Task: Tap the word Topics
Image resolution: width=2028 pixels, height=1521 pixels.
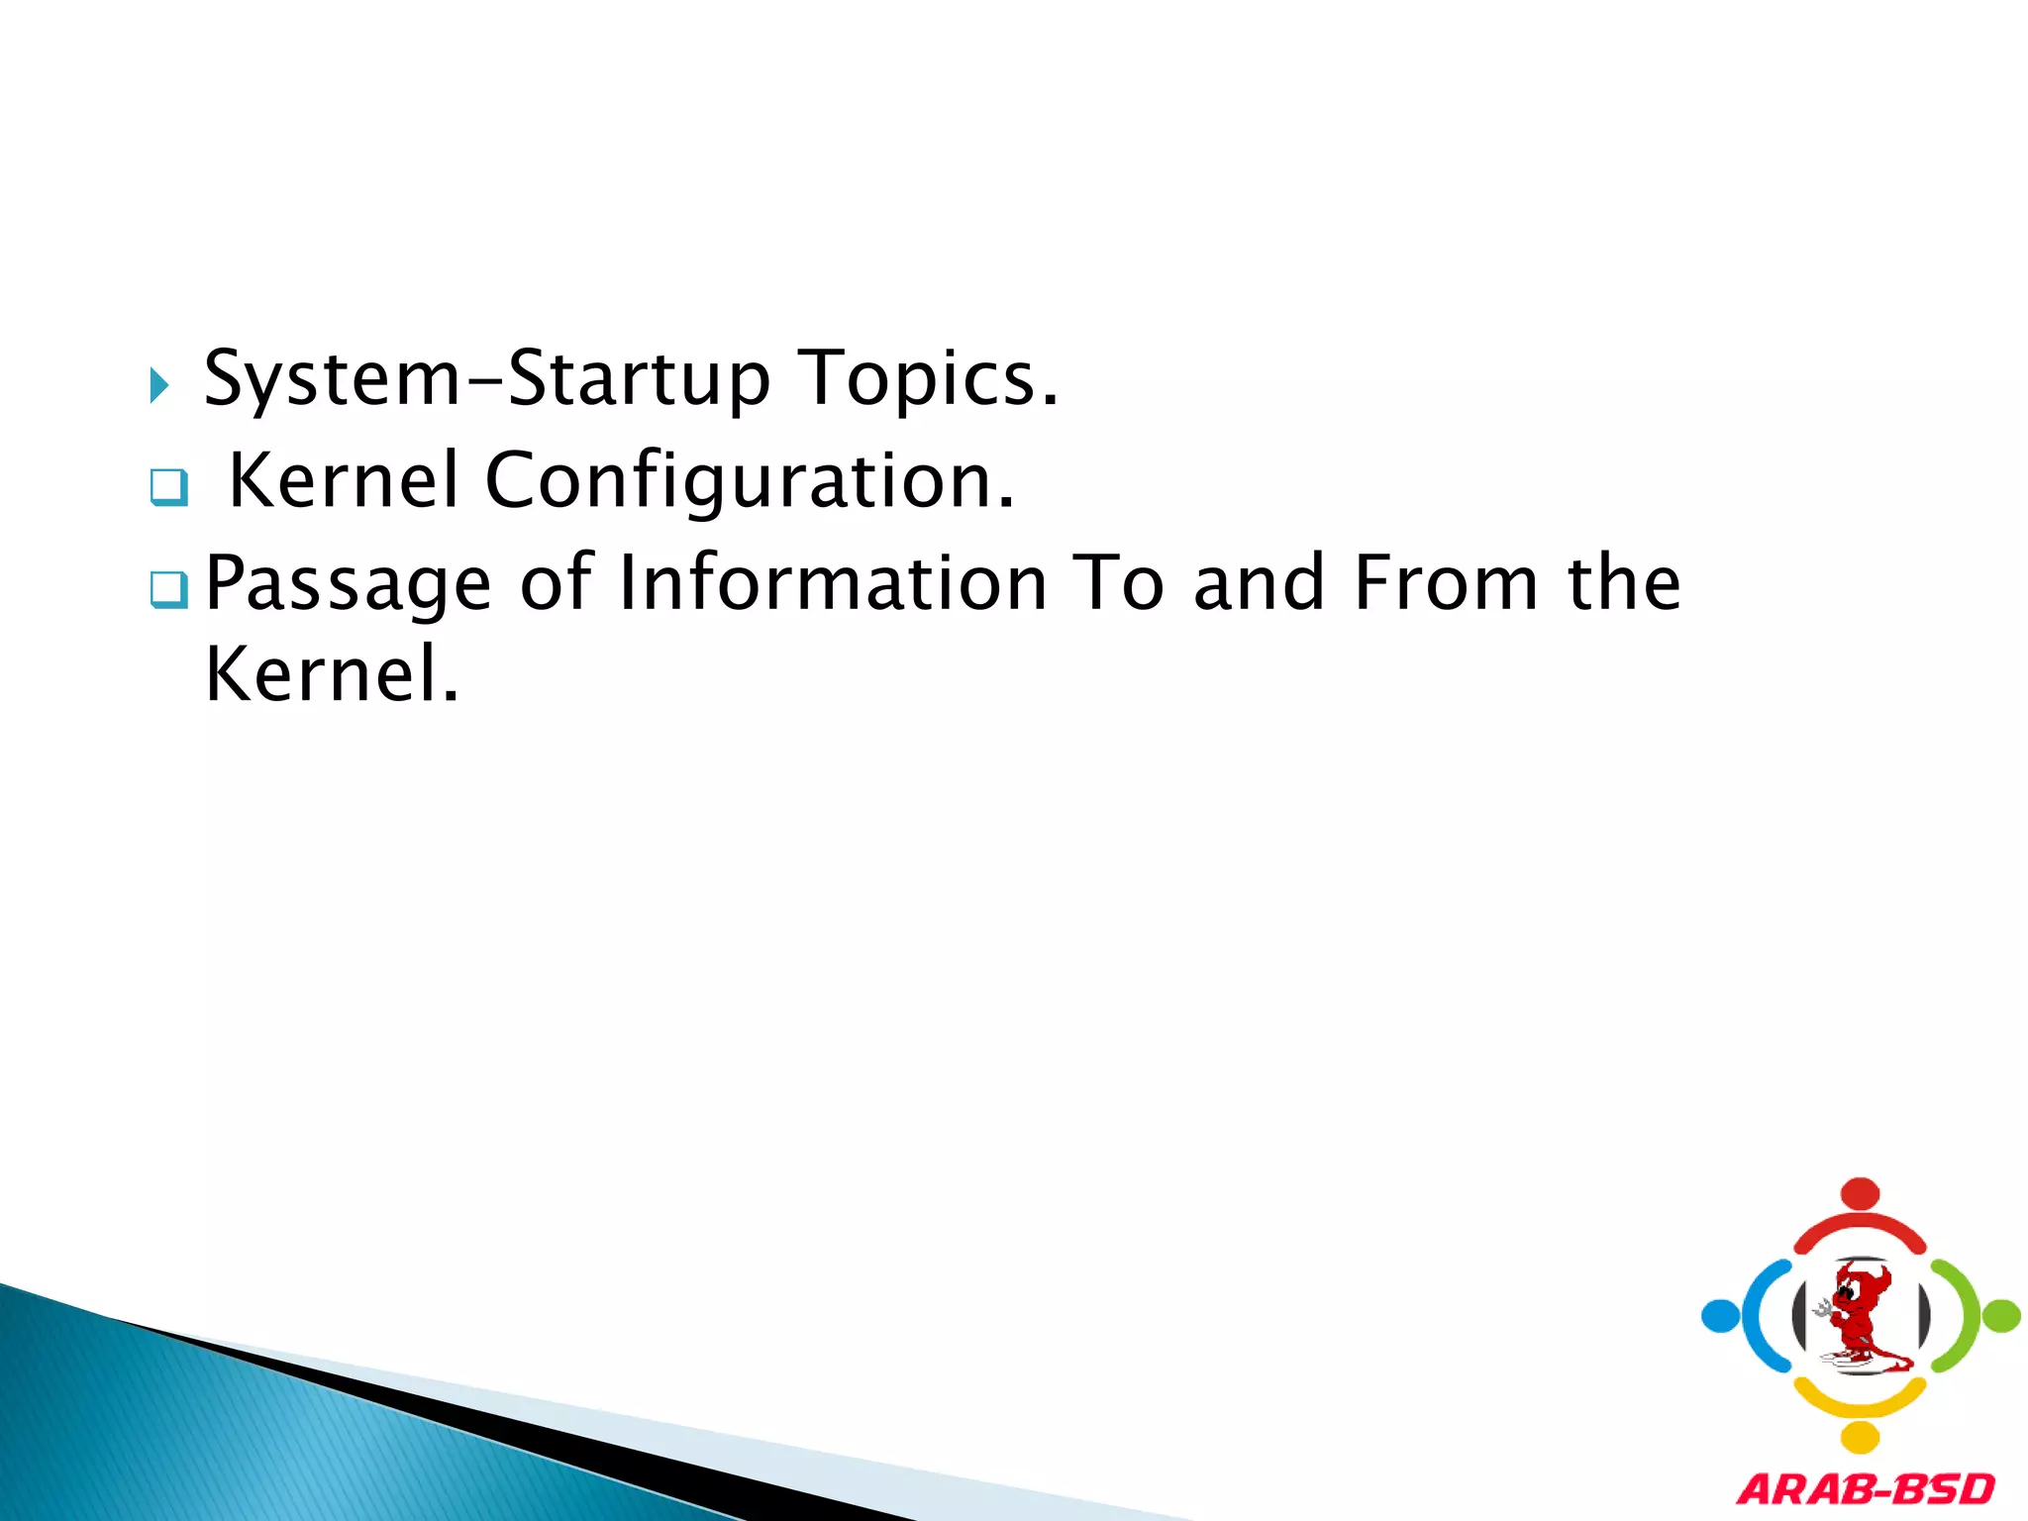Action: click(928, 379)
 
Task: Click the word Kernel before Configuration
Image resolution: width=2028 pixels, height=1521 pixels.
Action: click(344, 480)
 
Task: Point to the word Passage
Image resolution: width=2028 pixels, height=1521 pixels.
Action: click(348, 584)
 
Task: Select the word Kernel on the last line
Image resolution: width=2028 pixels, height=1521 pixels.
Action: click(331, 674)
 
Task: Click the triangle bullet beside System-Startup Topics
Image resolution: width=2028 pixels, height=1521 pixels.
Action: click(158, 384)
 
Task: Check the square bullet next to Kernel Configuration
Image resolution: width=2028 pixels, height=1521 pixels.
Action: click(168, 487)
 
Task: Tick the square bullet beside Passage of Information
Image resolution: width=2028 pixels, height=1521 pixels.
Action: click(168, 590)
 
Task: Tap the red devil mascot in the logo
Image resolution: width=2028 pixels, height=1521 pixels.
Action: click(1859, 1315)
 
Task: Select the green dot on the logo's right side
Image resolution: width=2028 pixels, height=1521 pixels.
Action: click(2001, 1316)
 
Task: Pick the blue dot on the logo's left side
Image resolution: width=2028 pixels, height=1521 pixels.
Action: click(1720, 1316)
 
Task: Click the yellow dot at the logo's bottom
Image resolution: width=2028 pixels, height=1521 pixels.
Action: click(1860, 1437)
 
